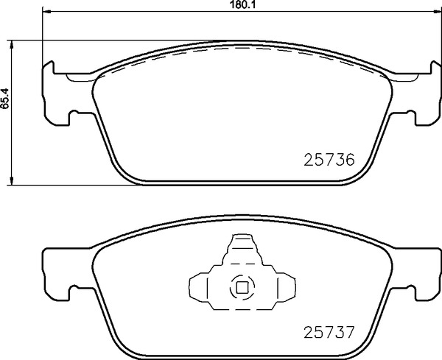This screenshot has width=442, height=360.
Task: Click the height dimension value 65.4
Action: tap(5, 99)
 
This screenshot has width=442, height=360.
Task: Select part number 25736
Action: tap(330, 159)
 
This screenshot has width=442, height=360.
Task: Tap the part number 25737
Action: tap(330, 331)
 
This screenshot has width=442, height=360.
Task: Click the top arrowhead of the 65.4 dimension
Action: tap(13, 43)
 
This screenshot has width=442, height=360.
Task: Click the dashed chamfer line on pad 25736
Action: tap(243, 51)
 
